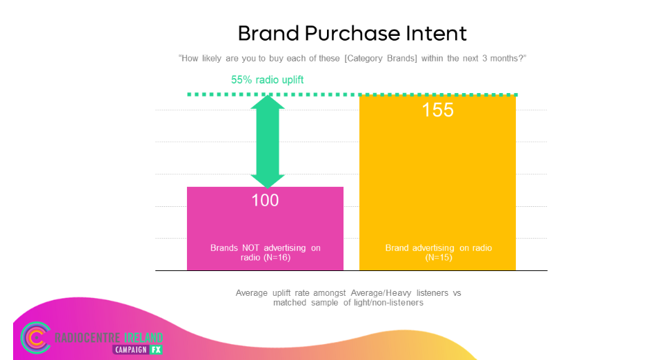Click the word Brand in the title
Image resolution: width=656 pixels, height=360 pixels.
pos(268,34)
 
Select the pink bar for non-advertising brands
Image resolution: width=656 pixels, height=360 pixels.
pos(266,229)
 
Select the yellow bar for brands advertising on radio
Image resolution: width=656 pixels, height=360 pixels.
pos(437,183)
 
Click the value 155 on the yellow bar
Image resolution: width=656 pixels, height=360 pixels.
pos(437,110)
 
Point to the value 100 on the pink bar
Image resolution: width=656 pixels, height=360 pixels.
pos(265,200)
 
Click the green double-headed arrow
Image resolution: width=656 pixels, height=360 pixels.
pos(268,141)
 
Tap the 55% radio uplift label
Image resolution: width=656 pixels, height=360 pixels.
pos(268,80)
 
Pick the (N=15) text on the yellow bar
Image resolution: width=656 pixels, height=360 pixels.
pos(439,257)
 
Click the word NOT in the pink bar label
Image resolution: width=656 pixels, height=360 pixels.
pos(250,248)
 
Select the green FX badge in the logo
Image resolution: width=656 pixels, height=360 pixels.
pos(156,350)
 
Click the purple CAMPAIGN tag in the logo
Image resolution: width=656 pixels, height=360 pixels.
pos(130,350)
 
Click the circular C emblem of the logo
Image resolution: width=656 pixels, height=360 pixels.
pos(36,337)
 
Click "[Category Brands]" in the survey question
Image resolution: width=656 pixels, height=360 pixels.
pos(381,59)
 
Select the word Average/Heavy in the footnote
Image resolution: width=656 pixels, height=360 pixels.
pos(381,293)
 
